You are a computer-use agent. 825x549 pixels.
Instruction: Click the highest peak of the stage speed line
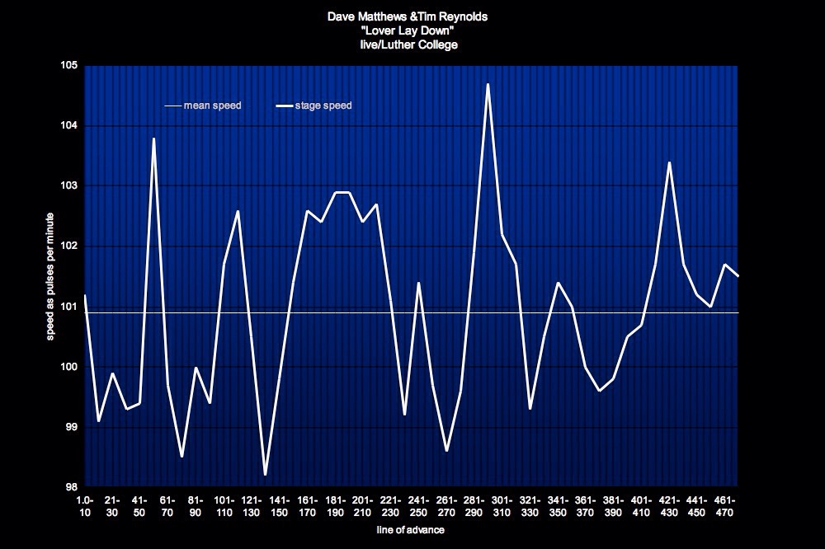coord(488,84)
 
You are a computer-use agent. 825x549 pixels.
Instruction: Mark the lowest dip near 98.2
coord(266,474)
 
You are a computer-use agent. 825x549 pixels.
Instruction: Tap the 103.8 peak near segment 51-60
coord(154,138)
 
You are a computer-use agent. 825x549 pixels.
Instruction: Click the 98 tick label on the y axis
coord(73,487)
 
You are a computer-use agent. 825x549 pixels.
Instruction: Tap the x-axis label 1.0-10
coord(84,505)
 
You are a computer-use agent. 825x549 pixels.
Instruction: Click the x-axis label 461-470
coord(724,505)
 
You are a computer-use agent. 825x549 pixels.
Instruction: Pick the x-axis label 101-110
coord(224,505)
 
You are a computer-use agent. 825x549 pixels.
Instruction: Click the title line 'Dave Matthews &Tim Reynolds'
coord(412,16)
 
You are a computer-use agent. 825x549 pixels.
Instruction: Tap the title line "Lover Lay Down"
coord(412,30)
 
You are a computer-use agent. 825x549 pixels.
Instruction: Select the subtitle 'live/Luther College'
coord(412,45)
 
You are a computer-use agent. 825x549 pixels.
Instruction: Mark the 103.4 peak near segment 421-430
coord(669,162)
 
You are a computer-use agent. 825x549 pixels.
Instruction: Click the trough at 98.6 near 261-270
coord(446,450)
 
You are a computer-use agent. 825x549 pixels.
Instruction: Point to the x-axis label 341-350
coord(558,505)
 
